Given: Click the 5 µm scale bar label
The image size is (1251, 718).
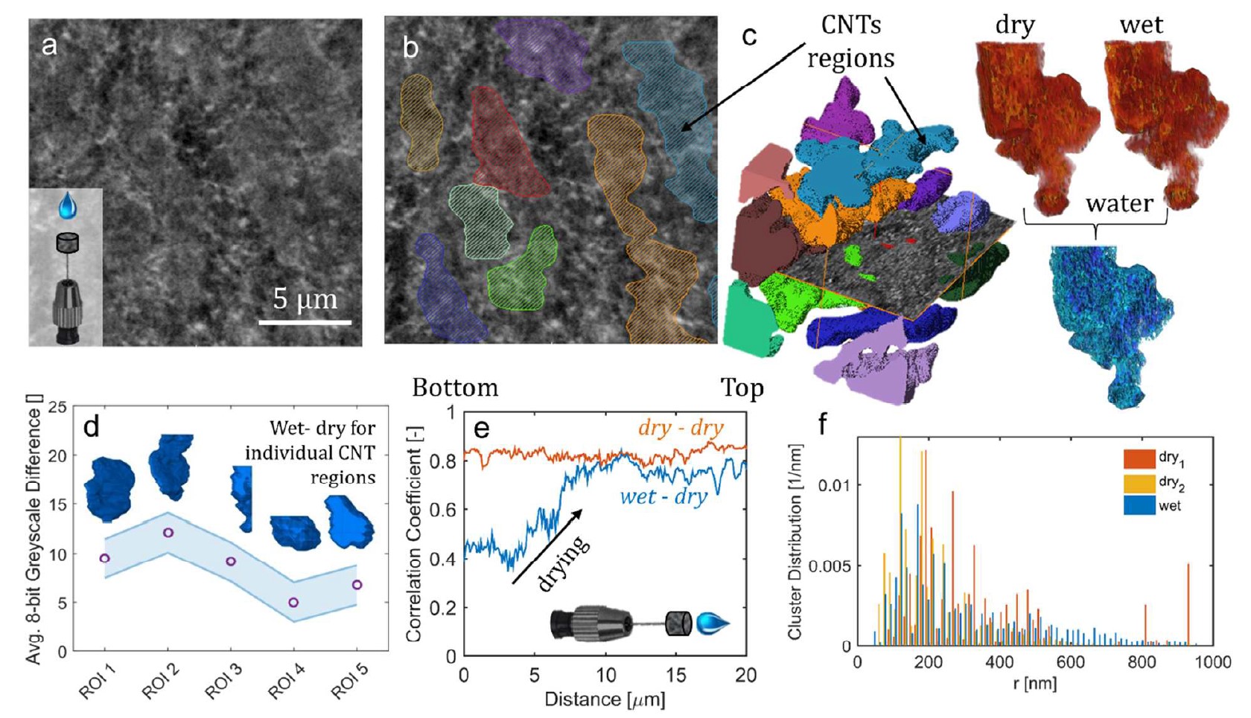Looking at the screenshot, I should click(x=305, y=299).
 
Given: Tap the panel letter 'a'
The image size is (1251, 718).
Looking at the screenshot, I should click(x=49, y=46).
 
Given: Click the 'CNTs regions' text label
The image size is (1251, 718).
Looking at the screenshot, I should click(x=851, y=41).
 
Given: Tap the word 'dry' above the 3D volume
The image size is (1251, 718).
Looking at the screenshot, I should click(x=1014, y=25).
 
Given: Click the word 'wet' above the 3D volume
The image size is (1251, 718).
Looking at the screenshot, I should click(x=1141, y=25).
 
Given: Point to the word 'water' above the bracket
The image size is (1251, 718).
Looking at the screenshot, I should click(x=1119, y=202).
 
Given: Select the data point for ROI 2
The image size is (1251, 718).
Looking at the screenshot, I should click(x=168, y=533).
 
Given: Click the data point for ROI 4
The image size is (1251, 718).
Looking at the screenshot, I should click(x=293, y=602).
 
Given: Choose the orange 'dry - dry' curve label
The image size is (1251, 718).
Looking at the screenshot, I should click(x=681, y=428).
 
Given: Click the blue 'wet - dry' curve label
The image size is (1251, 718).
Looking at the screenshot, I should click(x=663, y=496).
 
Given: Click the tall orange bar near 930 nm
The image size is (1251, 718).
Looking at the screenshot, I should click(x=1188, y=604).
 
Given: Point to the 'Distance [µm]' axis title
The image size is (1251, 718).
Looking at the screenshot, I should click(x=605, y=699).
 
